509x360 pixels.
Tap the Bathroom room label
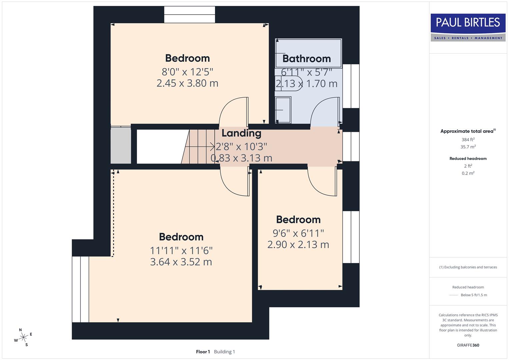(x=306, y=59)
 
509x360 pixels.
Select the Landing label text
(x=241, y=133)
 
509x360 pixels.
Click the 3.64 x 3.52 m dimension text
(x=181, y=262)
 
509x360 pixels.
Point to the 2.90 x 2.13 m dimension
(x=298, y=245)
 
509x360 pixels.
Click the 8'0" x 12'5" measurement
(x=187, y=72)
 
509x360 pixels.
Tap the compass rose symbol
(x=23, y=338)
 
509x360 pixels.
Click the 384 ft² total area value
(x=468, y=140)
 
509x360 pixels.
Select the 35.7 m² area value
(x=468, y=147)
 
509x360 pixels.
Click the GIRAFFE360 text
(x=468, y=345)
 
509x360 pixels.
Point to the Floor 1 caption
(x=203, y=352)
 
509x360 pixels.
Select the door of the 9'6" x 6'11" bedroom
(x=322, y=182)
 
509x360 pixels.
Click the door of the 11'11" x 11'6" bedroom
(x=235, y=182)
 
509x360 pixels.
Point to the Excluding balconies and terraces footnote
(x=468, y=267)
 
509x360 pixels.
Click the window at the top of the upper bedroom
(x=189, y=15)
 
